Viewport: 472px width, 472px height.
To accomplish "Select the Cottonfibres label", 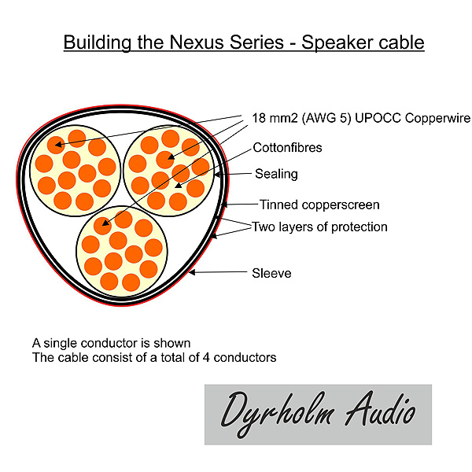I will click(x=287, y=147).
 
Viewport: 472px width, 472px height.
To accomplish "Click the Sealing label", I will click(x=276, y=174).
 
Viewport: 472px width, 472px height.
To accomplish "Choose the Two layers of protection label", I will click(x=319, y=227).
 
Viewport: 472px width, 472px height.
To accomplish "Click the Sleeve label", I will click(x=271, y=273).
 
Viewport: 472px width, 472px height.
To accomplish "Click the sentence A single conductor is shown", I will click(x=111, y=343).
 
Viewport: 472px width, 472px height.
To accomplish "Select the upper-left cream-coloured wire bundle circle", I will click(x=74, y=168).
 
